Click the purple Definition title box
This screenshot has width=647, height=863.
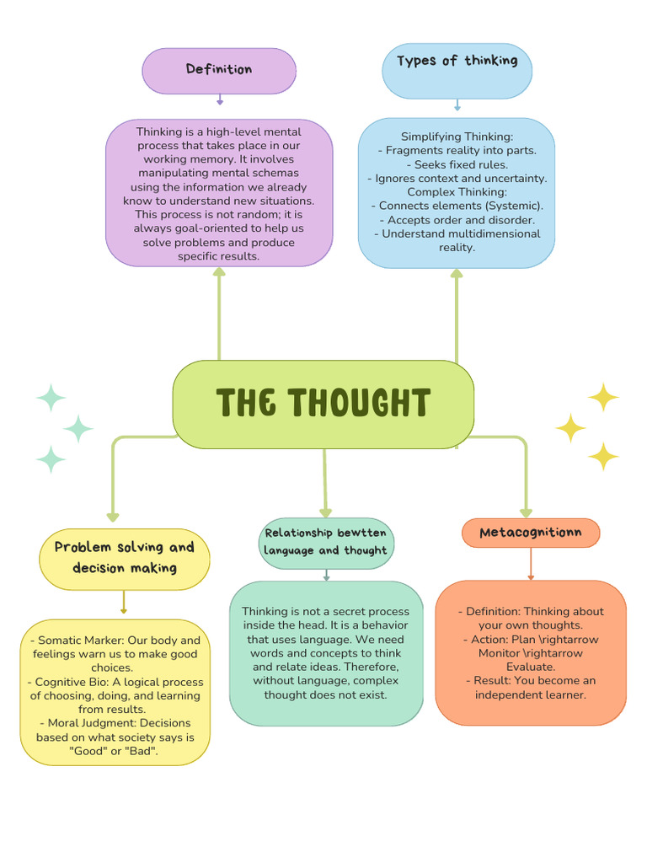(x=219, y=70)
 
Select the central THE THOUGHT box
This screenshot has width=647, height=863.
(x=323, y=404)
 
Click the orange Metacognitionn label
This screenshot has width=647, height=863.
(x=531, y=533)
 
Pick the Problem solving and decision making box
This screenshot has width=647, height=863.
(x=124, y=558)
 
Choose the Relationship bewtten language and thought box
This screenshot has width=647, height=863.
(x=326, y=542)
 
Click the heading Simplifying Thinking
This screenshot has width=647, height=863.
(x=457, y=137)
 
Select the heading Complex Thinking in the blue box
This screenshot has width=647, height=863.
(x=457, y=192)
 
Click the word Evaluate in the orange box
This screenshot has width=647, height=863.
(x=531, y=667)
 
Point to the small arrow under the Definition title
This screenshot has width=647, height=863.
(x=220, y=99)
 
